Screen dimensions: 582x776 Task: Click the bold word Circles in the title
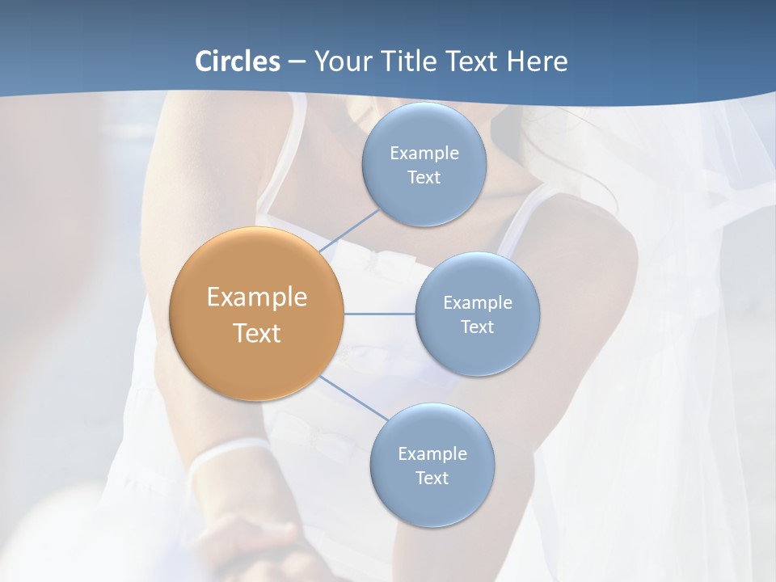[237, 61]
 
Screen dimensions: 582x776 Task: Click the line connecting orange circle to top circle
[350, 231]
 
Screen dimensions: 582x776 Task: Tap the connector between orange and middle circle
[379, 314]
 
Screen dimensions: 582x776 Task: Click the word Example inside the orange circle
[257, 297]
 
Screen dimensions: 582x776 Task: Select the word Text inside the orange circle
[257, 333]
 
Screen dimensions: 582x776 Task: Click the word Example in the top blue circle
[424, 154]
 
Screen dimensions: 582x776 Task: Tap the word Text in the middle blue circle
[477, 327]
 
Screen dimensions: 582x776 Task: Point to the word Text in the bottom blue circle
[432, 479]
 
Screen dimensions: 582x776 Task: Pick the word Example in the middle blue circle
[478, 303]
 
